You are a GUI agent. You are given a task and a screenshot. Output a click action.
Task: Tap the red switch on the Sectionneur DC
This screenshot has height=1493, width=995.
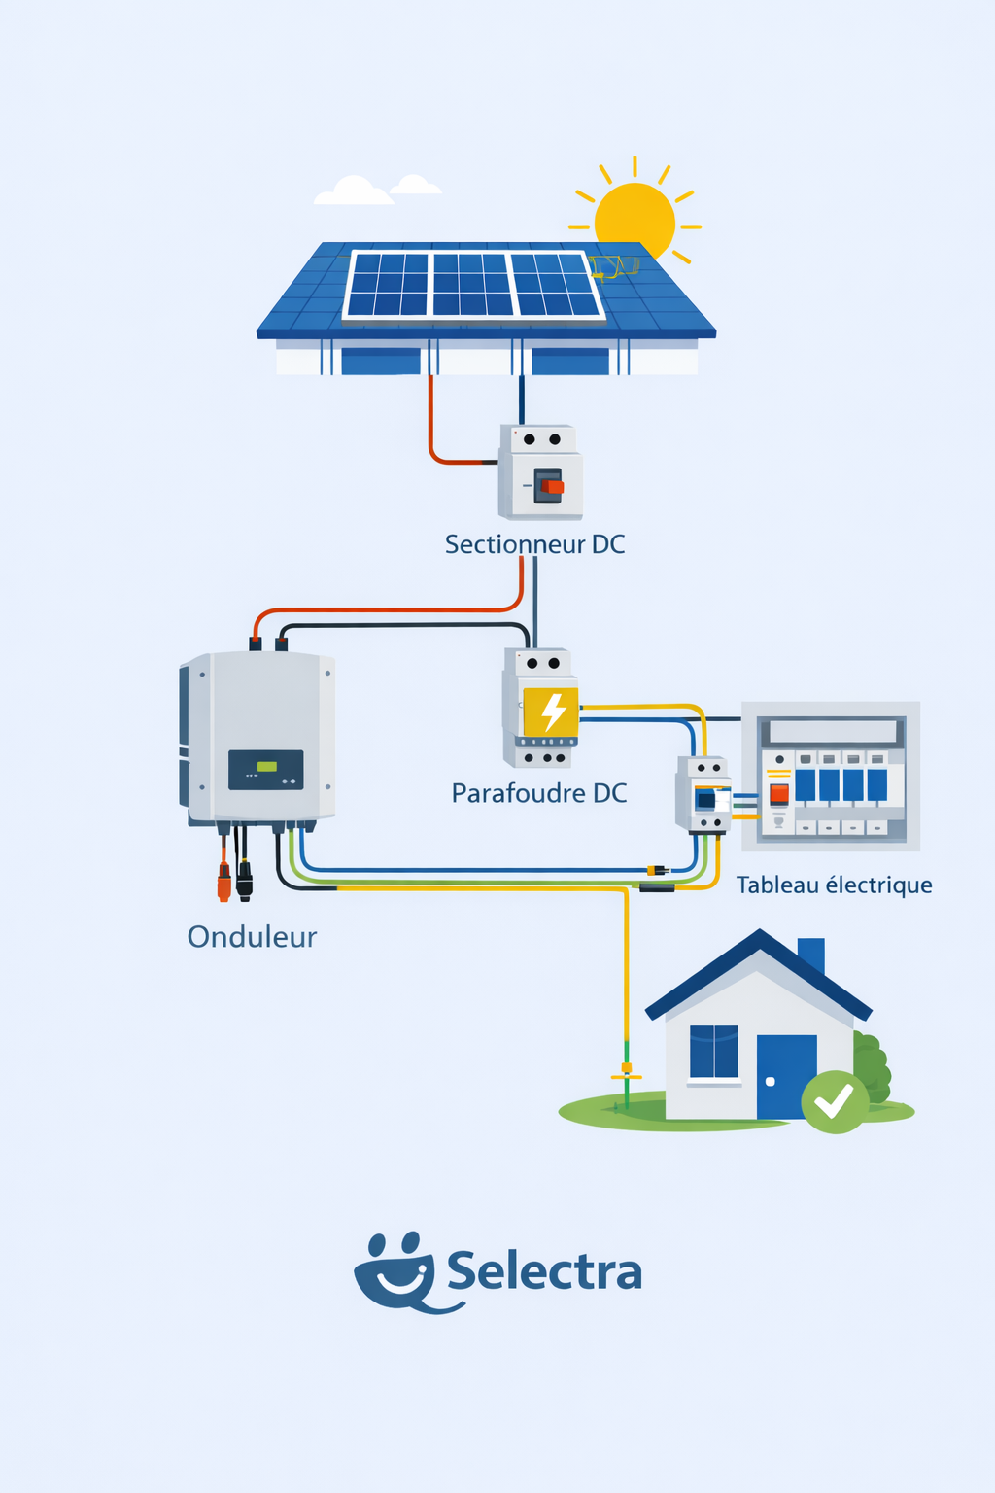tap(552, 486)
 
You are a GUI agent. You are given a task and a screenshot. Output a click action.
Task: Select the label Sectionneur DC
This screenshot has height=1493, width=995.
tap(534, 544)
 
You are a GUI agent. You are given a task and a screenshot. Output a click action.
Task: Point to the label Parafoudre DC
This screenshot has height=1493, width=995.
tap(539, 793)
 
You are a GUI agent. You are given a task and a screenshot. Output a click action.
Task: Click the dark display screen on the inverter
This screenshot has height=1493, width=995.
tap(265, 769)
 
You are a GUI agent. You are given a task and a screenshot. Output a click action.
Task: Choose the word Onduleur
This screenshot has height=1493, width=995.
tap(252, 937)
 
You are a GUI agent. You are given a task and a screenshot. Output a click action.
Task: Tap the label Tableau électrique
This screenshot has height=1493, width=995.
tap(834, 885)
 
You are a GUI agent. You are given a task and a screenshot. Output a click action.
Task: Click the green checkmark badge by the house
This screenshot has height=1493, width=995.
tap(834, 1101)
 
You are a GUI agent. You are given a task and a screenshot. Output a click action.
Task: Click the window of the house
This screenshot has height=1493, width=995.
tap(714, 1053)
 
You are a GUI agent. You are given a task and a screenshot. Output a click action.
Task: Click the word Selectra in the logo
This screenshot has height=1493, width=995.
tap(544, 1272)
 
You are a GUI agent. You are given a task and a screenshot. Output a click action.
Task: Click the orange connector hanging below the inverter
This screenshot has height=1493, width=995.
tap(224, 881)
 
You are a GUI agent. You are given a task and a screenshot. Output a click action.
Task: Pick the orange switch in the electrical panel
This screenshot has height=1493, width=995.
tap(778, 794)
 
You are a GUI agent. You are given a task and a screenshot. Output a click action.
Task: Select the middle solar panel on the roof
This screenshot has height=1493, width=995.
tap(471, 285)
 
